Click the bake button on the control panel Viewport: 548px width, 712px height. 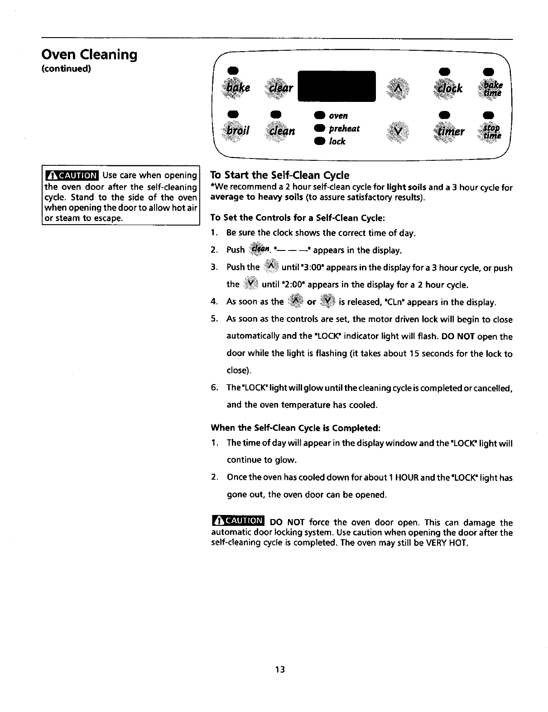[240, 87]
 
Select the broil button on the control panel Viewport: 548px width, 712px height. [239, 131]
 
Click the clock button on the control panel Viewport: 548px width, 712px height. [449, 87]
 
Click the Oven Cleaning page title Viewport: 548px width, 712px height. [89, 55]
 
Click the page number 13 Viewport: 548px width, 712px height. [279, 669]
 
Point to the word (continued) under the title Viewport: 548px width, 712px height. [67, 69]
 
